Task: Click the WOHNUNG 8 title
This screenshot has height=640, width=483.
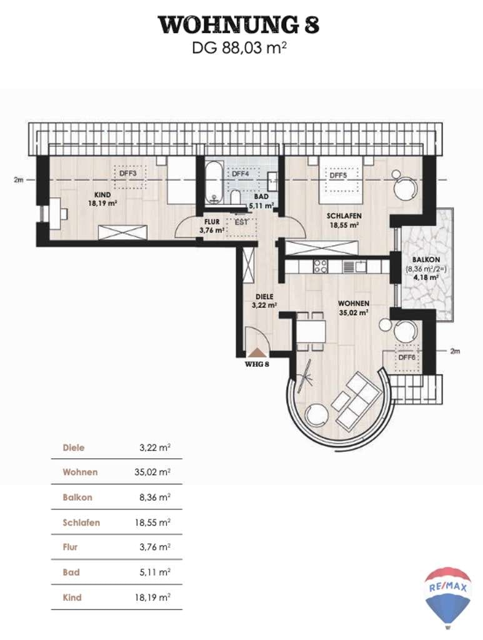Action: [239, 25]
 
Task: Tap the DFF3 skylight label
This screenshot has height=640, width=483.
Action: [127, 174]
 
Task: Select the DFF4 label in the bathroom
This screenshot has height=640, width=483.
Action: [241, 174]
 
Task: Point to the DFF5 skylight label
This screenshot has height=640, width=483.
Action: [338, 176]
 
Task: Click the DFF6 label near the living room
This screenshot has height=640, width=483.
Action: [407, 357]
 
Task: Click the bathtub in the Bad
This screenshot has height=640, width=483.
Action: [214, 183]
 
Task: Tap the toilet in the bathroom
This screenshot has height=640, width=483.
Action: [236, 197]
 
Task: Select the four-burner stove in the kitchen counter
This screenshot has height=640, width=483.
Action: [320, 266]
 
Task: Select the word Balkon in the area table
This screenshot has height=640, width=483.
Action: [77, 497]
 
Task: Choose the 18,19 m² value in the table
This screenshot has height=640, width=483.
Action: [152, 597]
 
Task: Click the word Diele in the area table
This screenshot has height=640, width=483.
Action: [74, 447]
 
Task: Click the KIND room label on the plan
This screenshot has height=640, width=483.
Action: [102, 195]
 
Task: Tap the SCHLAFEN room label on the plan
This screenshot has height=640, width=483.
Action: [344, 216]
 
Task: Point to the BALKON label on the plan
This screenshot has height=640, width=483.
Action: [426, 259]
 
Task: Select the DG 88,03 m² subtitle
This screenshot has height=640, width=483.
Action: [239, 49]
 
